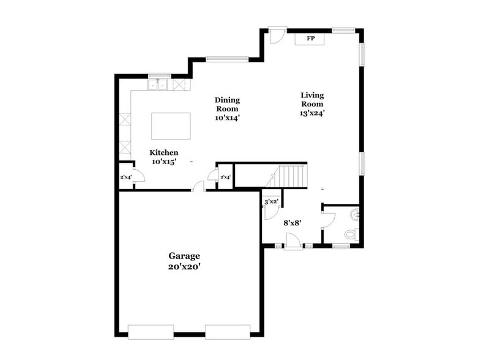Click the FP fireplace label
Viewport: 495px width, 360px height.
point(310,39)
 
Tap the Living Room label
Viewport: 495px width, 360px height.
point(312,99)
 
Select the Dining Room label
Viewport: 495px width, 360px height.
point(227,104)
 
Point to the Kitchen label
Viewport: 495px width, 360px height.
point(165,152)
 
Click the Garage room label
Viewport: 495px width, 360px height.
point(184,256)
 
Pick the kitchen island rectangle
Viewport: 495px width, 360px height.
point(171,126)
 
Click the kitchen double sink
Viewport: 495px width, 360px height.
point(159,84)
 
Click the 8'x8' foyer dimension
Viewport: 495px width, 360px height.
point(291,223)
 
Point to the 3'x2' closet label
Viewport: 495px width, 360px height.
point(271,201)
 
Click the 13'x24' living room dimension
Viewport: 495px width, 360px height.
point(312,113)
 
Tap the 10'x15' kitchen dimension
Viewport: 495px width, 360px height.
point(165,162)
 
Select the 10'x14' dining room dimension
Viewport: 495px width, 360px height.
point(227,118)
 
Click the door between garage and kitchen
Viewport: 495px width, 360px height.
point(199,187)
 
